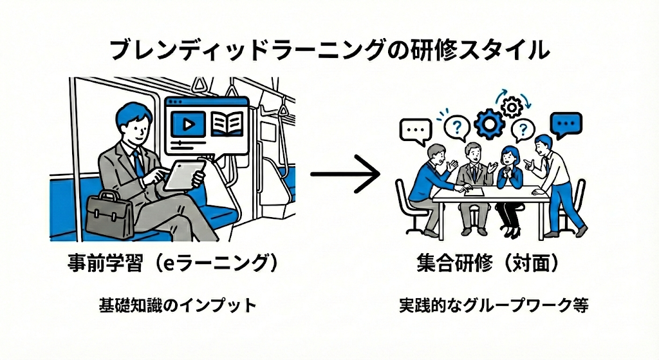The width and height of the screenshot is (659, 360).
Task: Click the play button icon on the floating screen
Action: [190, 122]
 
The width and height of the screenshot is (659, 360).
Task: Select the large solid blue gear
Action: [488, 122]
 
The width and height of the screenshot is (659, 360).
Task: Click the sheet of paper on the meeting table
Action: [474, 191]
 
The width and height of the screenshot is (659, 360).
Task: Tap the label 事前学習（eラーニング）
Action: [174, 265]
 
